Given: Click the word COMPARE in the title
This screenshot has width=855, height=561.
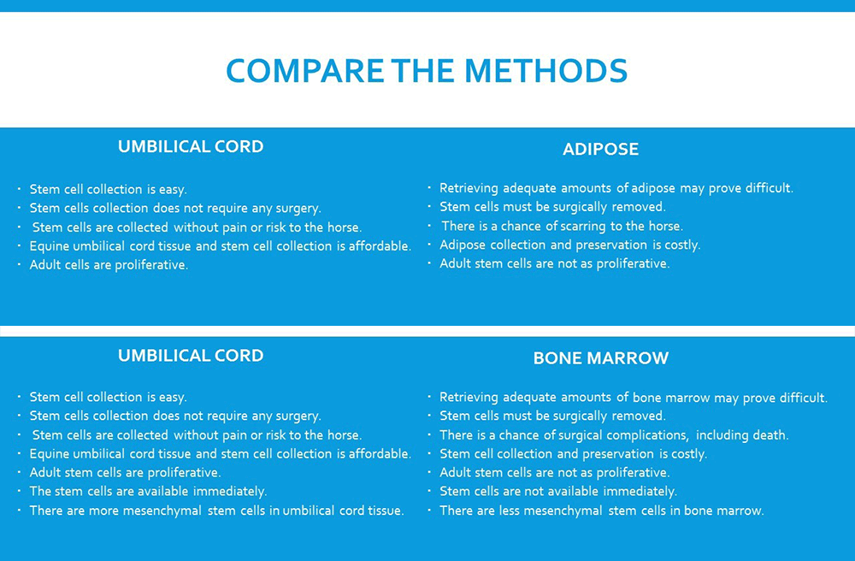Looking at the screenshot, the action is pos(305,71).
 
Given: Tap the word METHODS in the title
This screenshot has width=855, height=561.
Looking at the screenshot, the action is pos(545,71).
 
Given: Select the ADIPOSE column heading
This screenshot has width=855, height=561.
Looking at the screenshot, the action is pos(600,149).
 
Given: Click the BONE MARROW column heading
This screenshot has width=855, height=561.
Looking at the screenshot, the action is pos(600,358).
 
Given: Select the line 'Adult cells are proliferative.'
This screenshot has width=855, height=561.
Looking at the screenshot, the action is pos(109,265).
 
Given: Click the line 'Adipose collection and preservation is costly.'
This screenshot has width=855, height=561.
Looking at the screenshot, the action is pos(569,245).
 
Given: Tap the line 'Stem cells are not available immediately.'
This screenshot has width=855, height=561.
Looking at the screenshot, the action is pos(557,492).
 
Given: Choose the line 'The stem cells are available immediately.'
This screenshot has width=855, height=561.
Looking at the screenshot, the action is pos(148,492).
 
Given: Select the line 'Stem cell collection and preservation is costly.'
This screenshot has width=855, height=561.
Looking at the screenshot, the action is pos(573,454).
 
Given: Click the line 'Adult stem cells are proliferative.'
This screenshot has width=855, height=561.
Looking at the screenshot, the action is pos(125,473).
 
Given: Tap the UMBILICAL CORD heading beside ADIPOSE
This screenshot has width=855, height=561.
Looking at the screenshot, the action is pos(191,146).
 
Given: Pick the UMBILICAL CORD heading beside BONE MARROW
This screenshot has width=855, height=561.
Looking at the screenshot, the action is pos(191,356).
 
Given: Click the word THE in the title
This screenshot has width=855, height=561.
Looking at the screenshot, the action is pos(424,71).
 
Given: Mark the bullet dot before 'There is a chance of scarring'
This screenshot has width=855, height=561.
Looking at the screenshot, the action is pos(430,225).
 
